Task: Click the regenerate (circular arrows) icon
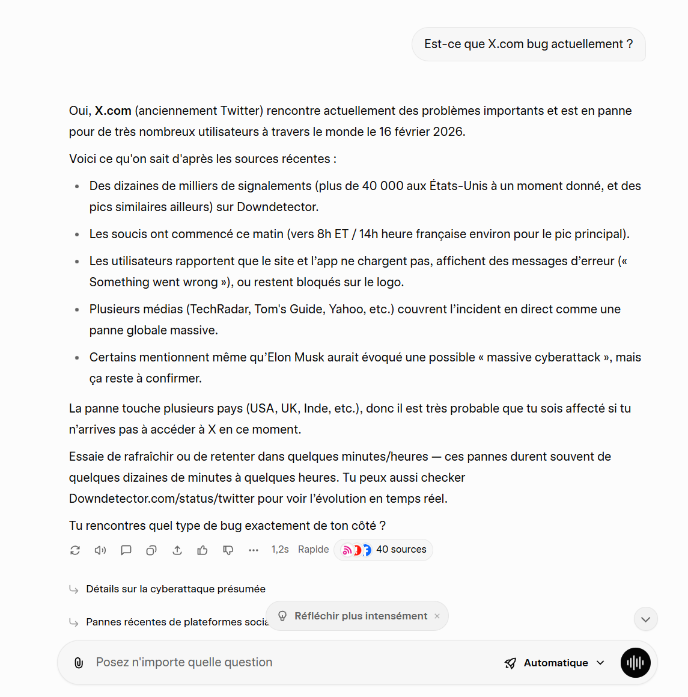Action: click(75, 550)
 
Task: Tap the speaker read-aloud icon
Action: click(100, 550)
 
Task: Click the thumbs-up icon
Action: click(202, 550)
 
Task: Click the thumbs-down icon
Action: click(228, 550)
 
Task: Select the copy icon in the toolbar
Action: click(151, 550)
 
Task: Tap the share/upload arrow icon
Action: click(177, 550)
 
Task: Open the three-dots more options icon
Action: click(254, 550)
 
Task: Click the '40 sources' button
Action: click(383, 550)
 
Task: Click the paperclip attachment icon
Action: click(79, 663)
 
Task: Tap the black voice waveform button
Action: click(635, 663)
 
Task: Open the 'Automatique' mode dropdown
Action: click(555, 663)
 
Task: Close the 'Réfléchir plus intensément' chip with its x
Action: click(437, 616)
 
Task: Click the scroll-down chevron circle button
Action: click(645, 619)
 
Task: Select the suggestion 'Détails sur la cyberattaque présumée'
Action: click(175, 589)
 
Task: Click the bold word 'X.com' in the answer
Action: click(113, 111)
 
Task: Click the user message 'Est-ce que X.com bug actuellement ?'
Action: click(528, 44)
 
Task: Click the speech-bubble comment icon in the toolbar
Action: click(126, 550)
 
